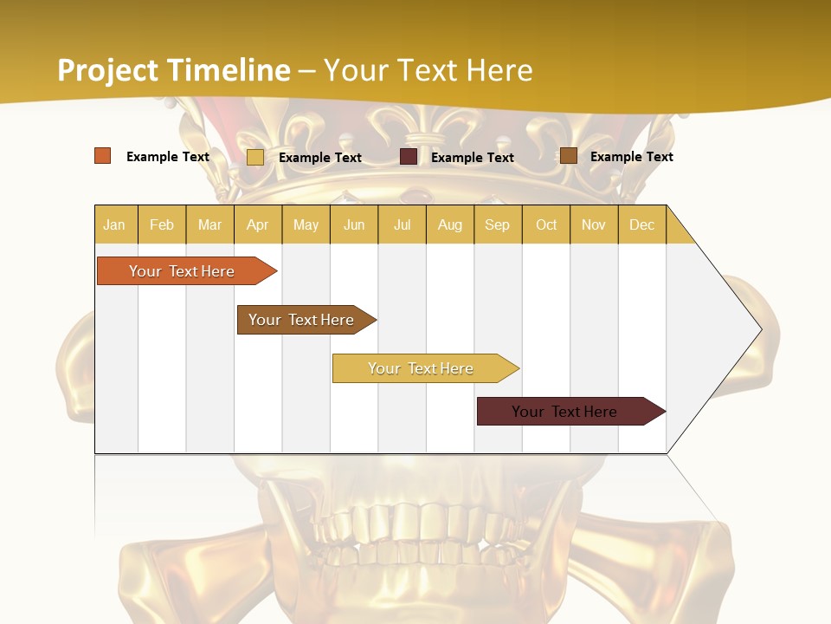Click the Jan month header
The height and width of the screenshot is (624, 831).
114,224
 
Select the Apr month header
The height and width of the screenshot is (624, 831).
257,224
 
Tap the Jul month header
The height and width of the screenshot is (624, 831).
402,224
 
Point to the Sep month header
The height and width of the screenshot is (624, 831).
497,224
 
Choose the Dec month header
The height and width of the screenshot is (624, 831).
641,224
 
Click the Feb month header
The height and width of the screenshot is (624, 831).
162,224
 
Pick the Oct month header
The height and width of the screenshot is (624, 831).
546,224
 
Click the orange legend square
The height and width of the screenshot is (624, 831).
103,156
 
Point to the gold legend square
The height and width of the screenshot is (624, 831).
255,157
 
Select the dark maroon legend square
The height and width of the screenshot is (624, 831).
409,157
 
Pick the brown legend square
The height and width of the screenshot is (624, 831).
568,156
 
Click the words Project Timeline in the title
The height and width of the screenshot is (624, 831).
173,70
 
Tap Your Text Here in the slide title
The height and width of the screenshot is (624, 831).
428,70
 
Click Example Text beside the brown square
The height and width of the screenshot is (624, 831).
631,156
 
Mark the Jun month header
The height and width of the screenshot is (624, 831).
354,224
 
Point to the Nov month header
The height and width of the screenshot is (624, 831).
594,224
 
